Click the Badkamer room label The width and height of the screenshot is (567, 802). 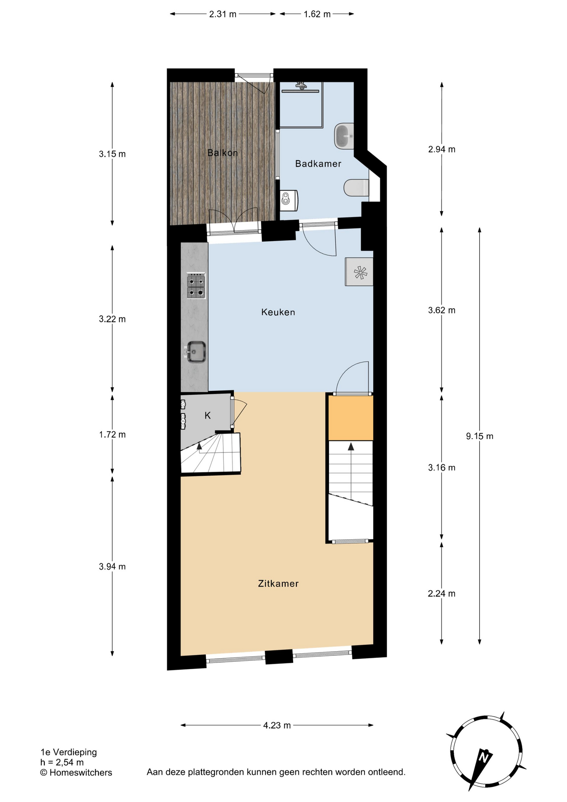[318, 164]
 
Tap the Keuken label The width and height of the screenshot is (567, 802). [278, 312]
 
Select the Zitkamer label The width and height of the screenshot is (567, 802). [278, 584]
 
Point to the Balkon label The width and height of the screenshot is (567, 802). [223, 153]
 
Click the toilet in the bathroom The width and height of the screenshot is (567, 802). [357, 188]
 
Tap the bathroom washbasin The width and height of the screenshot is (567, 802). [344, 136]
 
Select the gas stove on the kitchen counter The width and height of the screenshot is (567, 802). [196, 286]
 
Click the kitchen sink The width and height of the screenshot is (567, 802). [195, 352]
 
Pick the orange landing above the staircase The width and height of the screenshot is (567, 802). [351, 417]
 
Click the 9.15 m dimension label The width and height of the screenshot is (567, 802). [480, 436]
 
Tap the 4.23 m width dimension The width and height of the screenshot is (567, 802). [277, 725]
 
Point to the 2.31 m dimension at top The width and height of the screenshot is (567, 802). [223, 14]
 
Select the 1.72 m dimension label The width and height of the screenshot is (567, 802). [112, 434]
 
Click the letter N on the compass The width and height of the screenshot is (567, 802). [483, 756]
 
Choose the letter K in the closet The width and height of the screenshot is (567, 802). [208, 415]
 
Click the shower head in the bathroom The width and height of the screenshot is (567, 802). [301, 86]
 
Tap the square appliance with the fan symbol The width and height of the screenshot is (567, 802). [359, 272]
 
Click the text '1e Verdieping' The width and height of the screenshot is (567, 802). [68, 752]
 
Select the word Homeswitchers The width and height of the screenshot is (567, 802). [81, 772]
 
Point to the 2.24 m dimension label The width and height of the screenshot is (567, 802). [441, 593]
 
